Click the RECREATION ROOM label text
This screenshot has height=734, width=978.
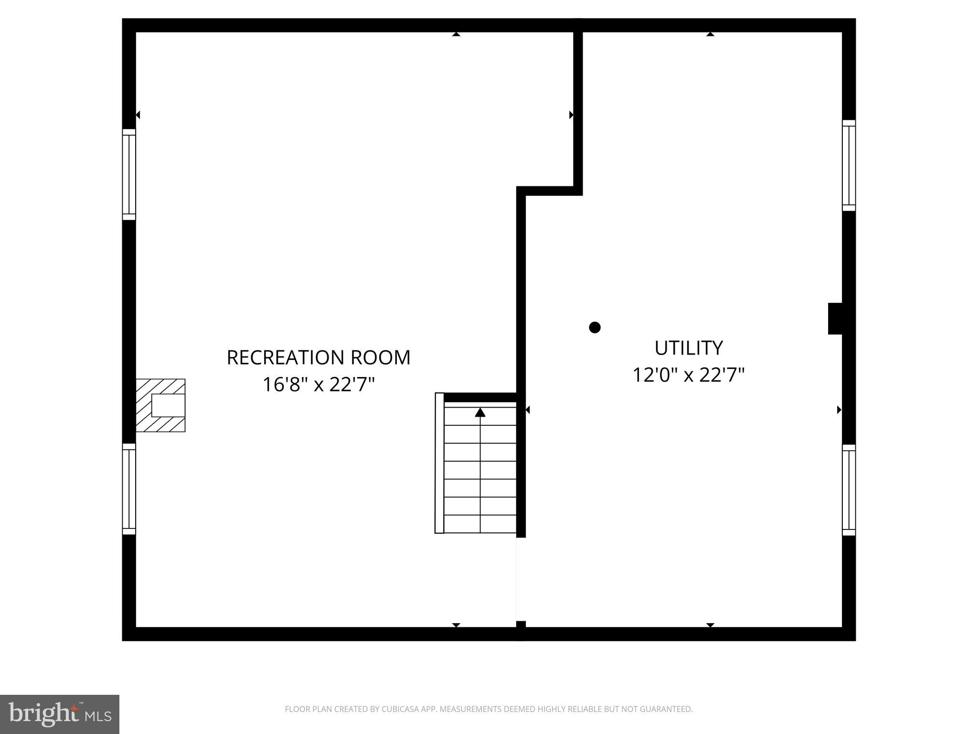click(319, 357)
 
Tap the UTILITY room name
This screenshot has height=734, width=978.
click(688, 348)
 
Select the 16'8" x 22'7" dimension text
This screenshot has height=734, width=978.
click(319, 384)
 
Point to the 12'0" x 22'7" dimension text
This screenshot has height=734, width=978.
click(688, 375)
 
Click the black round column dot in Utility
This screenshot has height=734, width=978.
click(595, 327)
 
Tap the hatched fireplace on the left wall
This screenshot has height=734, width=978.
click(160, 405)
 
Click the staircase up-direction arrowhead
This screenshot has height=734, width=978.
click(480, 412)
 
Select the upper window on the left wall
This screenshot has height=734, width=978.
click(129, 174)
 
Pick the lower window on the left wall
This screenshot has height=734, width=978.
click(129, 489)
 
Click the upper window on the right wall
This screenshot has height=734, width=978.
click(849, 165)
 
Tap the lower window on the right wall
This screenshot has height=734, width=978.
click(849, 490)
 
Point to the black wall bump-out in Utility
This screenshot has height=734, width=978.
click(835, 318)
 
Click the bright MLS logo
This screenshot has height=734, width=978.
click(59, 714)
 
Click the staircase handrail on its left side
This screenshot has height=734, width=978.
click(439, 463)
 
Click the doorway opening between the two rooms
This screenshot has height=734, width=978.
click(521, 579)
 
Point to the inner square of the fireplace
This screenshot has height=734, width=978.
click(168, 406)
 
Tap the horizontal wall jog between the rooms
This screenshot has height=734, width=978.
click(549, 191)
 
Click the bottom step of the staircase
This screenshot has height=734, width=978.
click(480, 524)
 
